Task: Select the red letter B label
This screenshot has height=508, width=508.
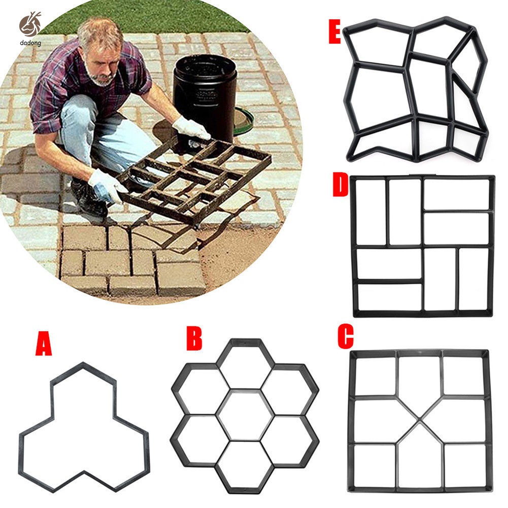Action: pos(194,339)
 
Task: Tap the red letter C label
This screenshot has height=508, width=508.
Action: pos(345,337)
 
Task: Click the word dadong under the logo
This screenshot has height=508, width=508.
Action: pos(31,44)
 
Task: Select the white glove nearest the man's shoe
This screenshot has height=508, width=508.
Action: pos(107,185)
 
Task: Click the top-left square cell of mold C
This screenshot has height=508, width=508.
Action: pos(374,376)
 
